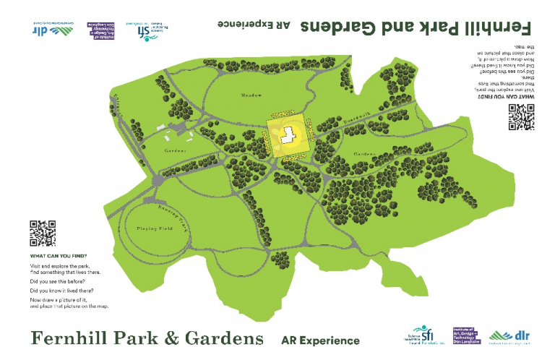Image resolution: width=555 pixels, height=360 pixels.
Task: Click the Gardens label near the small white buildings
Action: coord(175,150)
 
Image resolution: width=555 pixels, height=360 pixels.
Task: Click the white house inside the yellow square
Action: coord(288,134)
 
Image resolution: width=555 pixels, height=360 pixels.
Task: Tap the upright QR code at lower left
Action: coord(43,233)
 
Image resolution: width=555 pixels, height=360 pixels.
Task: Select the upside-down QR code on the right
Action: coord(520,117)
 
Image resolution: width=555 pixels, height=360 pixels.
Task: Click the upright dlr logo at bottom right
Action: coord(509,337)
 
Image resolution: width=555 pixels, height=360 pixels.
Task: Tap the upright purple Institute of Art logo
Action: coord(467,336)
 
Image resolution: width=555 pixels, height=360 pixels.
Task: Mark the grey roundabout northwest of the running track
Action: coord(150,197)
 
